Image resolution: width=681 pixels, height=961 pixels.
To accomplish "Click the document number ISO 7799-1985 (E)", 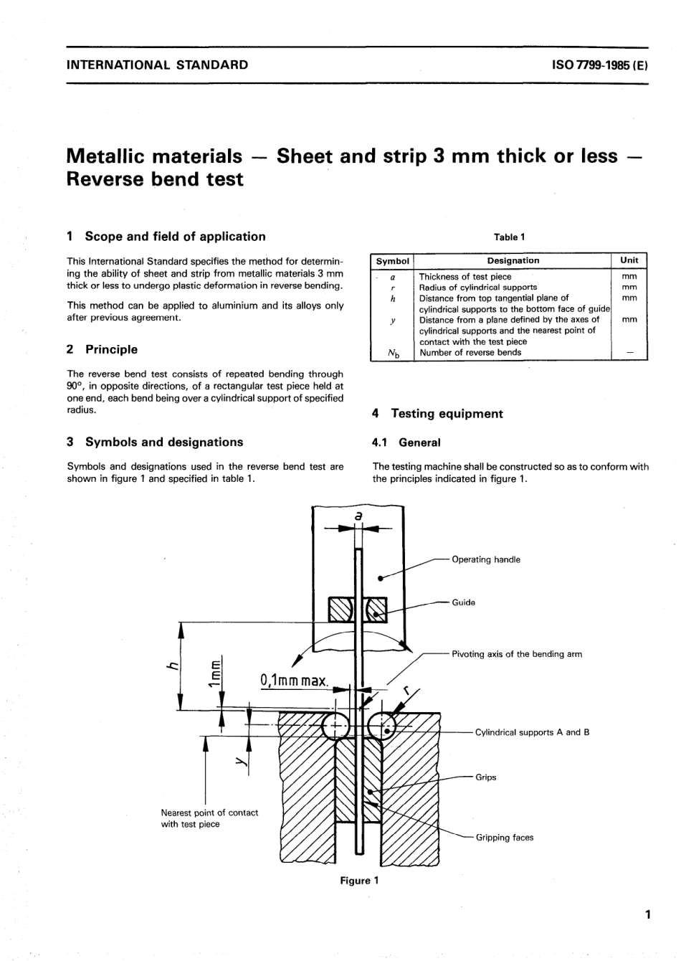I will pos(600,65).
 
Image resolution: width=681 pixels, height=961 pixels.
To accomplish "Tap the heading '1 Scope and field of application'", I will pos(166,237).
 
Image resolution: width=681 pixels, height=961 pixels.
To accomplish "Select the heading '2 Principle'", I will pos(102,350).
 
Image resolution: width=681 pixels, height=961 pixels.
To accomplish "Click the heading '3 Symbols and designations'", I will pos(155,442).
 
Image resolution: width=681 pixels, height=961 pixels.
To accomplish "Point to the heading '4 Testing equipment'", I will pos(437,414).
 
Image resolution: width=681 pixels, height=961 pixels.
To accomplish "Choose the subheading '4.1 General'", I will pos(406,443).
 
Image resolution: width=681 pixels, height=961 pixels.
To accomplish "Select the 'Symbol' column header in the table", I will pos(392,261).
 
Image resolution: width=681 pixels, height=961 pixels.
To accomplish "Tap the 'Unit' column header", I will pos(629,261).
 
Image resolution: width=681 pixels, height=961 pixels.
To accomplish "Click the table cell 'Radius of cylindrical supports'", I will pos(477,288).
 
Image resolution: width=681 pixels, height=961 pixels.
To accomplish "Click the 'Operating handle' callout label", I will pos(486,560).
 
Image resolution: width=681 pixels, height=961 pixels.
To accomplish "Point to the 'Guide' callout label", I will pos(463,603).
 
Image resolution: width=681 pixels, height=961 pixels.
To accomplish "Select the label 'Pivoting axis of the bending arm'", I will pos(516,655).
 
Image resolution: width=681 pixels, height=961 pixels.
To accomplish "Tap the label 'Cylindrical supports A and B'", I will pos(532,733).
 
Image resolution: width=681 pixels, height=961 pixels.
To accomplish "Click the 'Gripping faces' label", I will pos(505,838).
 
